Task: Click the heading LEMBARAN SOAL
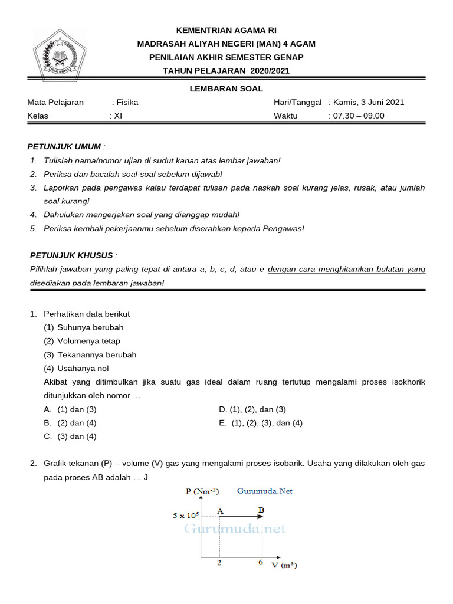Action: (226, 89)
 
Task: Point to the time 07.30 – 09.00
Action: (359, 116)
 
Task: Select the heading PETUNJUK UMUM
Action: (65, 146)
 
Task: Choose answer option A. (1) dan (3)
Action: (70, 409)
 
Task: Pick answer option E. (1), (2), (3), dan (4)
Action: (261, 423)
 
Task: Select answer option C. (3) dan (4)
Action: (70, 436)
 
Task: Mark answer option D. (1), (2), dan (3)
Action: (252, 409)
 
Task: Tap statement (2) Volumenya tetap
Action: (82, 341)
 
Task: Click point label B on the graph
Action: (261, 510)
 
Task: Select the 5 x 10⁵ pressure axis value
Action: (186, 516)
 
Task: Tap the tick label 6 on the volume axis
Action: (261, 563)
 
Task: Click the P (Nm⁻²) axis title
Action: (202, 491)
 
